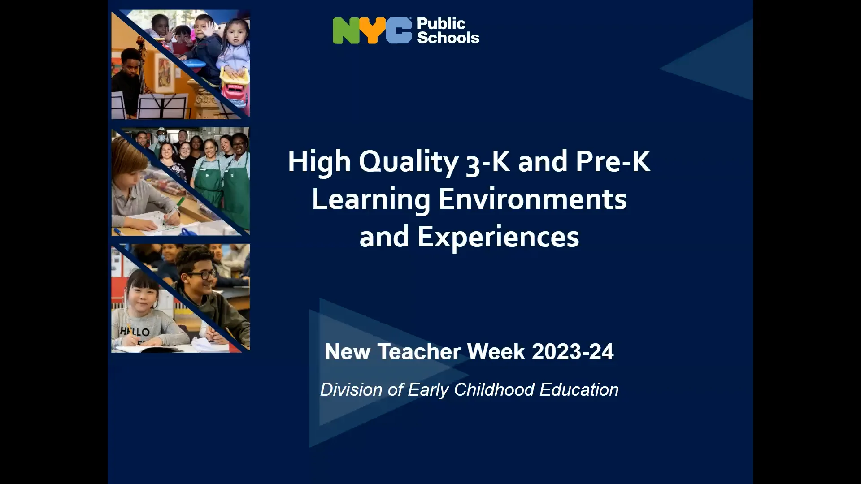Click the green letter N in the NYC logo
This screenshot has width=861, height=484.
pyautogui.click(x=346, y=31)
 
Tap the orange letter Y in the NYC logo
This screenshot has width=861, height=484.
pyautogui.click(x=372, y=31)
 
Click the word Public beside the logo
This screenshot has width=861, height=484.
pyautogui.click(x=441, y=24)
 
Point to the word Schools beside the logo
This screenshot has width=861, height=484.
pyautogui.click(x=448, y=38)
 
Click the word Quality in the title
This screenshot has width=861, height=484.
pyautogui.click(x=408, y=162)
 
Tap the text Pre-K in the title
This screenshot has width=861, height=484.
pyautogui.click(x=613, y=162)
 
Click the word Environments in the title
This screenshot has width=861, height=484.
pyautogui.click(x=532, y=199)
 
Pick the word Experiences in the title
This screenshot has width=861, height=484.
pyautogui.click(x=498, y=237)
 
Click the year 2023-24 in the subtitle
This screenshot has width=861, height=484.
pyautogui.click(x=573, y=352)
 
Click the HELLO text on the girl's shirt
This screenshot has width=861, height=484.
pyautogui.click(x=135, y=332)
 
